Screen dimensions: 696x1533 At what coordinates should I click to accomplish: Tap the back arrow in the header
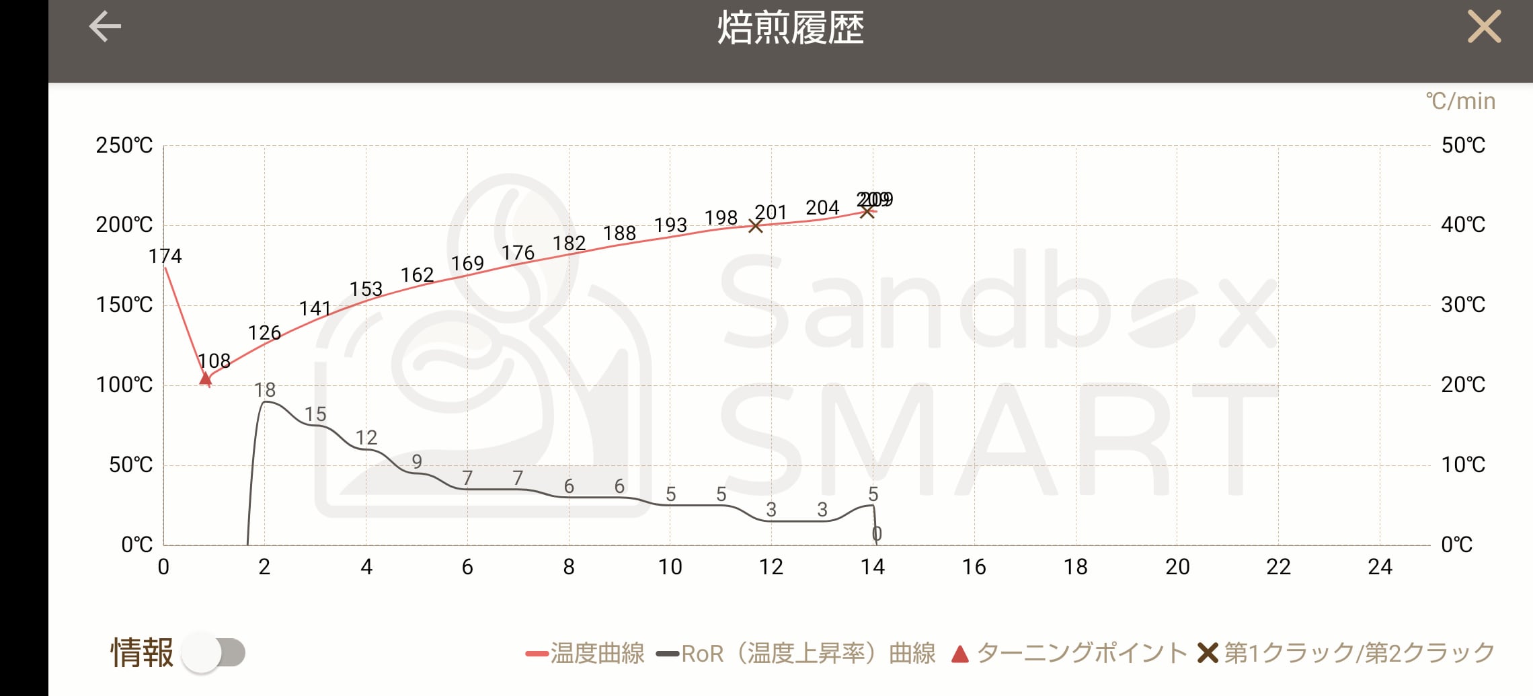click(x=105, y=27)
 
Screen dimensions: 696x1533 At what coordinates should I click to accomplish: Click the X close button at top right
click(x=1484, y=27)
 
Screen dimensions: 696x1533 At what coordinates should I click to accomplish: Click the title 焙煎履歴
click(x=791, y=28)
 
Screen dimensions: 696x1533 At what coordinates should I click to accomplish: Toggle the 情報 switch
click(x=214, y=652)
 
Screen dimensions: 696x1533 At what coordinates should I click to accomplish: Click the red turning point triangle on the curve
click(x=206, y=378)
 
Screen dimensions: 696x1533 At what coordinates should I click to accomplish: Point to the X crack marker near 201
click(x=756, y=226)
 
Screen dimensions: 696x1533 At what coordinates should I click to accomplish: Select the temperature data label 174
click(x=165, y=256)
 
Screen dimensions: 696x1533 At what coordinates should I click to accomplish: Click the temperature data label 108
click(x=214, y=361)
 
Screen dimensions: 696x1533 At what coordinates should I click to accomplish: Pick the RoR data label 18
click(x=265, y=390)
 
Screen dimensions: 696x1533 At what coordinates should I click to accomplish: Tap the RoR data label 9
click(x=417, y=461)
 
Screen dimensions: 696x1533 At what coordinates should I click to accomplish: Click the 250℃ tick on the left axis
click(x=124, y=145)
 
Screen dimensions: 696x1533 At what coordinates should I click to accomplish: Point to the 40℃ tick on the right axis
click(x=1463, y=225)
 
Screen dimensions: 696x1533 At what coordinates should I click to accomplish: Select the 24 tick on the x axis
click(x=1380, y=567)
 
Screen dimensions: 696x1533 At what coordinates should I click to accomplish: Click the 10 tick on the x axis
click(x=670, y=567)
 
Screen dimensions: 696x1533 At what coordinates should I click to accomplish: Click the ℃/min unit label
click(x=1460, y=101)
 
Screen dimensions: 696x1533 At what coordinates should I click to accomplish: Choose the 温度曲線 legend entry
click(x=585, y=653)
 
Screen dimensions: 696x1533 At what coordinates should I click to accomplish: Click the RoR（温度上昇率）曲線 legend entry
click(x=797, y=653)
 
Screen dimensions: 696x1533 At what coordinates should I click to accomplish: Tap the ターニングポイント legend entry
click(x=1070, y=653)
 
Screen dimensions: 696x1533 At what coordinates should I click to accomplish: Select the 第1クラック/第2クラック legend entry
click(x=1347, y=653)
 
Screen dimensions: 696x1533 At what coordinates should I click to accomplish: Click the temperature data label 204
click(x=822, y=208)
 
